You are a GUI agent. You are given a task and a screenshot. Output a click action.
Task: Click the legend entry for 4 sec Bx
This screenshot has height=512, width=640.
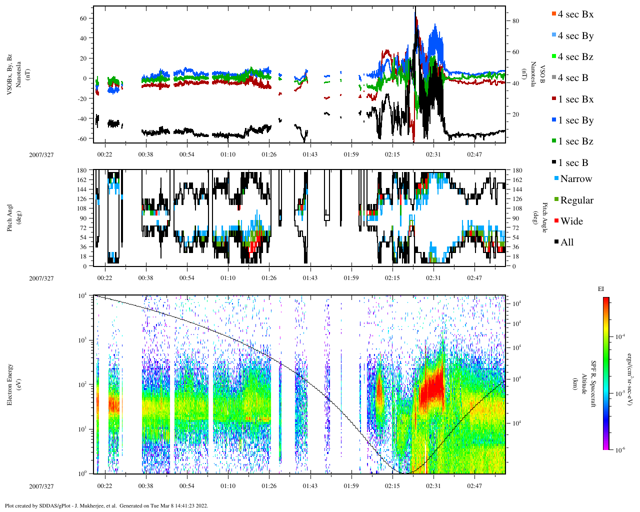coord(575,14)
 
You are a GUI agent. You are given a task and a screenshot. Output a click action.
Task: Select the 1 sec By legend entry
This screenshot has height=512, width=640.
coord(575,120)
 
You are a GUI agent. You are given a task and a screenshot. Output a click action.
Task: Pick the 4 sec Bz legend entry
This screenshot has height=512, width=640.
coord(575,57)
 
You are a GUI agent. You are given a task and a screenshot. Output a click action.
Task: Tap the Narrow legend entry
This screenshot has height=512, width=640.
coord(575,179)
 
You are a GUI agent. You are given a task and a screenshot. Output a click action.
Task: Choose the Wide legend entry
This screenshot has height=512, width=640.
coord(571,221)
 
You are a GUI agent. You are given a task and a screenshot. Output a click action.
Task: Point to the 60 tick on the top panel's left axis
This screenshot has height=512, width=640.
coord(83,18)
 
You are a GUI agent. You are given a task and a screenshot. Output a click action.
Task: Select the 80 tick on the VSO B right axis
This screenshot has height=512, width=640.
coord(515,21)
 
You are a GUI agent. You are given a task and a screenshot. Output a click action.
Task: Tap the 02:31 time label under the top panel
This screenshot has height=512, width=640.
coord(433,154)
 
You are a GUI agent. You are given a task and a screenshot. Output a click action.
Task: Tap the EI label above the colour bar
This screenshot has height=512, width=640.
coord(601,289)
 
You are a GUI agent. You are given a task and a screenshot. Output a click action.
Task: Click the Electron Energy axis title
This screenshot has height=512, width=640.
coord(10,384)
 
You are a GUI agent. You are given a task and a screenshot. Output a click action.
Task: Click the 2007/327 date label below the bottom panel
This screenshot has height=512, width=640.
coord(41,486)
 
